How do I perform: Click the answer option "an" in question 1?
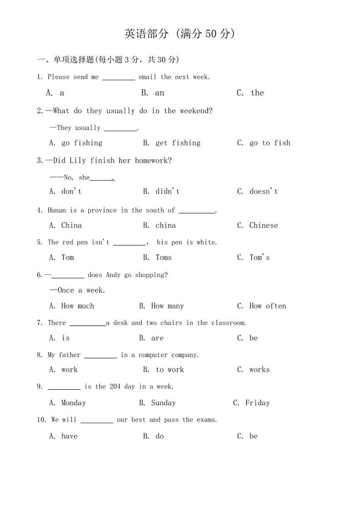159,93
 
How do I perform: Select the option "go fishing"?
82,143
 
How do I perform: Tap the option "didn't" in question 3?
167,191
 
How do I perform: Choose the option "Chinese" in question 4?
263,225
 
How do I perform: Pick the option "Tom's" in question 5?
259,257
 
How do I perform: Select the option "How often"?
268,306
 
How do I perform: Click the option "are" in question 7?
157,338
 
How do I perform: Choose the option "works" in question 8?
259,370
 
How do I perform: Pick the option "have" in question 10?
69,436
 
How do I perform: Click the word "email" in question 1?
147,77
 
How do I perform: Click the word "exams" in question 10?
206,420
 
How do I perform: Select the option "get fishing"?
178,143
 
